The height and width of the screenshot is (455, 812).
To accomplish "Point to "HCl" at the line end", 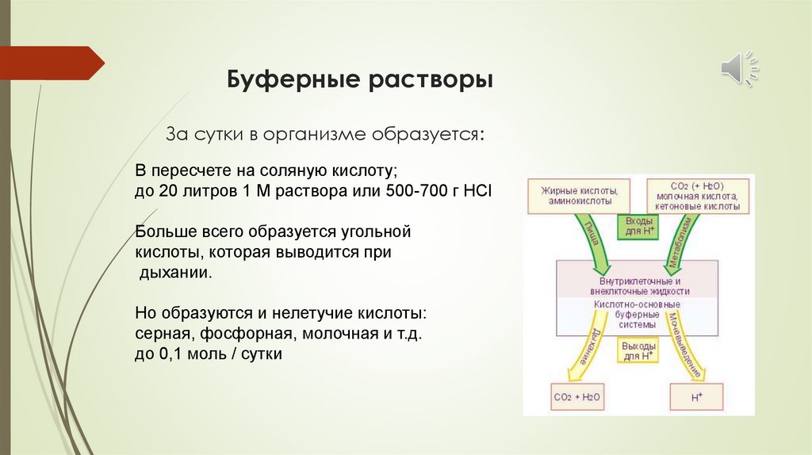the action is pyautogui.click(x=474, y=192).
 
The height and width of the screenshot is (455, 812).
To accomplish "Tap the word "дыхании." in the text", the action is pyautogui.click(x=176, y=272).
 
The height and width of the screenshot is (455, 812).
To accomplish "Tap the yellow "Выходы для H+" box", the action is pyautogui.click(x=638, y=351).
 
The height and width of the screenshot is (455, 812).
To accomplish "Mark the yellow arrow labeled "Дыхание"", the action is pyautogui.click(x=584, y=349).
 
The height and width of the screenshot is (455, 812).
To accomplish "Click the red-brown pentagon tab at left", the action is pyautogui.click(x=52, y=63).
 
